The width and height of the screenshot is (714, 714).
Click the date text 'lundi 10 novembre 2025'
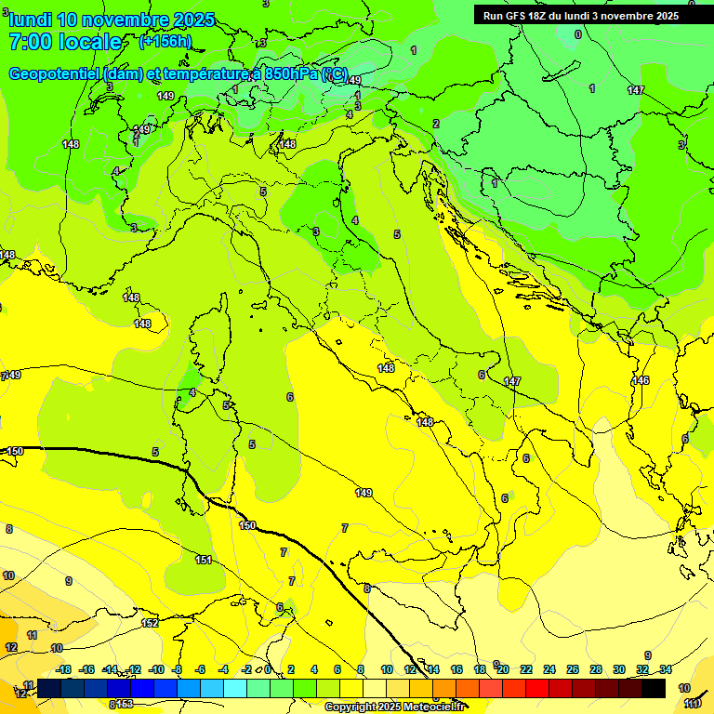[x=112, y=20]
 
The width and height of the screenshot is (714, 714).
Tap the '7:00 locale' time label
[x=65, y=42]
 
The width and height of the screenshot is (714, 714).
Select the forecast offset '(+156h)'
[x=165, y=41]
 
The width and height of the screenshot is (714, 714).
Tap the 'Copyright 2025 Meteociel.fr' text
[x=401, y=707]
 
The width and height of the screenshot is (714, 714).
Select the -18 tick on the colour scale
[x=64, y=669]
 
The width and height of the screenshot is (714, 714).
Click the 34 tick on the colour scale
[x=666, y=669]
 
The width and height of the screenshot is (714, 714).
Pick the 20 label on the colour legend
[x=503, y=669]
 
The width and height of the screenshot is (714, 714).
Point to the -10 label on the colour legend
[x=156, y=669]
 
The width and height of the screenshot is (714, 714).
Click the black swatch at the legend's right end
[x=654, y=688]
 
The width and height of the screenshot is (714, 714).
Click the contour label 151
[x=204, y=560]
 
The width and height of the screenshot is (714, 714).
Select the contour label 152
[x=149, y=623]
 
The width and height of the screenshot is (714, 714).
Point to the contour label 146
[x=641, y=381]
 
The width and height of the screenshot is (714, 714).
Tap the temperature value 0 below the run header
[x=577, y=34]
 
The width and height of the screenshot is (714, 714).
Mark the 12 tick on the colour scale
[x=410, y=669]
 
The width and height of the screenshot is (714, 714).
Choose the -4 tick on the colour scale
[x=223, y=669]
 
